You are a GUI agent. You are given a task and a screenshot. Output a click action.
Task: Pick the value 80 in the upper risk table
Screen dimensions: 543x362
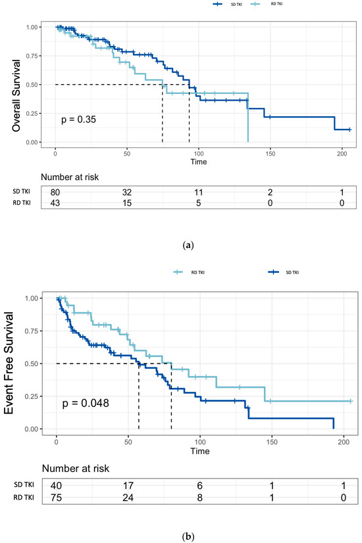(x=56, y=191)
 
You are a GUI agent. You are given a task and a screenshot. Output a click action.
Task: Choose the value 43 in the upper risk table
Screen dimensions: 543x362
(x=56, y=202)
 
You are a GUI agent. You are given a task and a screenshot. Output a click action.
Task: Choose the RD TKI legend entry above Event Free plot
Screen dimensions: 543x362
(x=190, y=272)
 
